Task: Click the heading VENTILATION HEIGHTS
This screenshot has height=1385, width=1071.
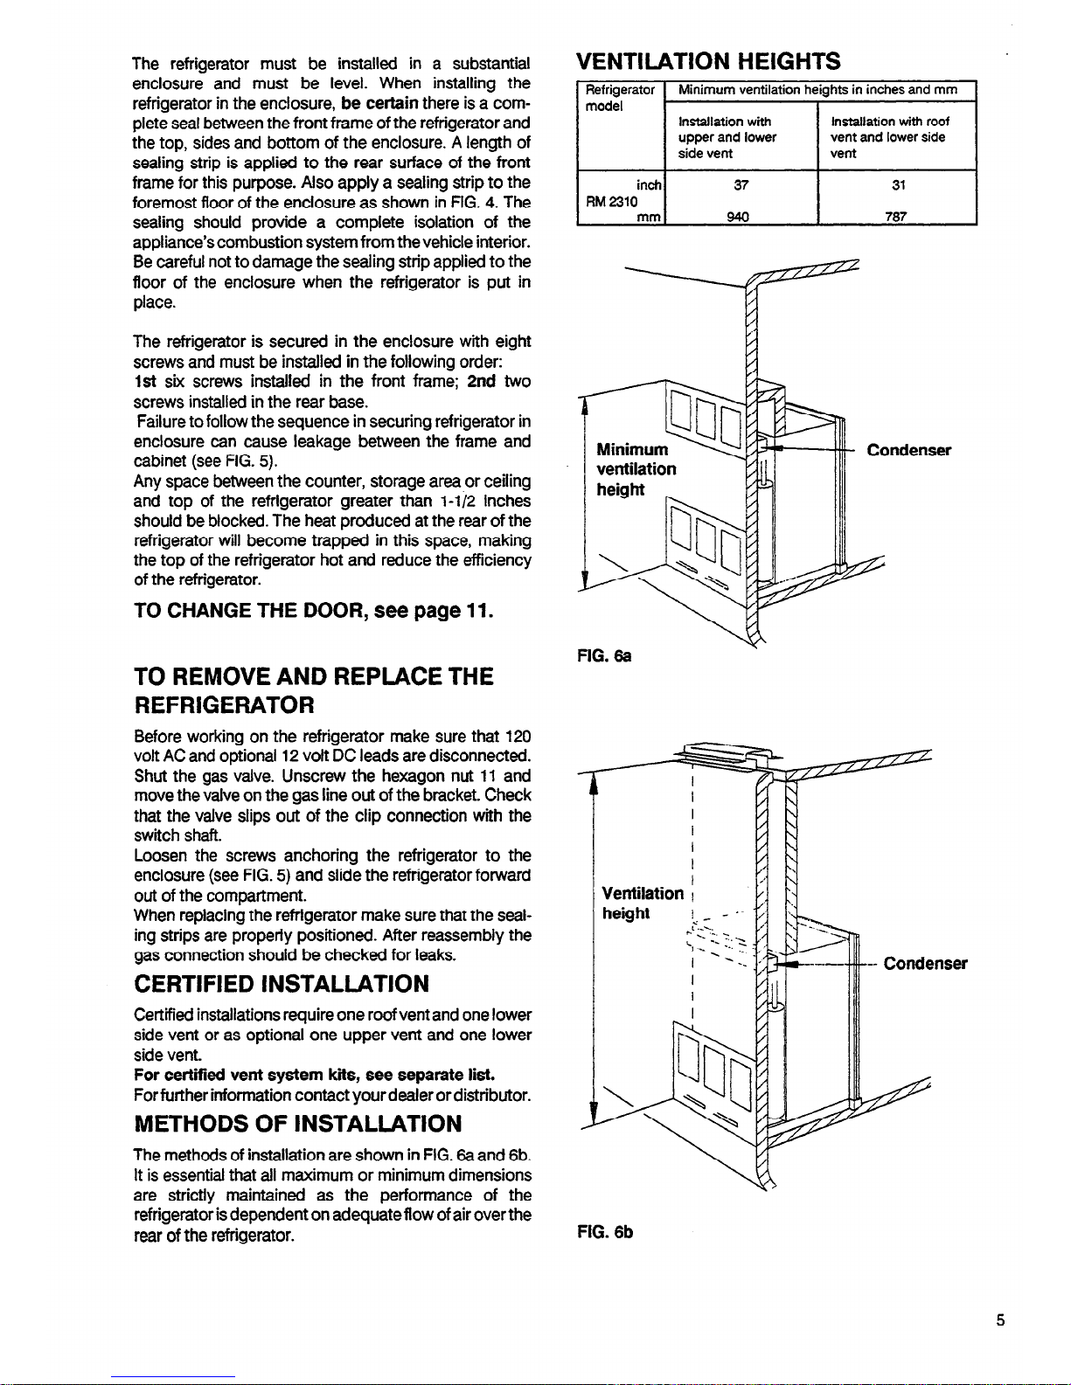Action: coord(708,60)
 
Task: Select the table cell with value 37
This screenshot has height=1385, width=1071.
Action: coord(741,185)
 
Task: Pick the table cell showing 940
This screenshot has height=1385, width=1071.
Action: coord(741,217)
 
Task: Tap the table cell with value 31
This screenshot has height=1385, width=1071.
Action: coord(896,185)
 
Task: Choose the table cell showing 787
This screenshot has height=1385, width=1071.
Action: coord(896,217)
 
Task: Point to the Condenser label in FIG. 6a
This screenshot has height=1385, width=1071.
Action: coord(908,450)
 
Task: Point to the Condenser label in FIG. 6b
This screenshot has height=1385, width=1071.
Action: coord(925,964)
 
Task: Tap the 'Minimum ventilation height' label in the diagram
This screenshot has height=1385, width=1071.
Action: coord(636,469)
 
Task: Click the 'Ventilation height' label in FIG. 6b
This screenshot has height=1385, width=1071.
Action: coord(643,903)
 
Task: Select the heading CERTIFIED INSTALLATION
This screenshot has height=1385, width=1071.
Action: coord(282,984)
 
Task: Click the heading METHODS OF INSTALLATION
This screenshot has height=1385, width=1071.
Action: coord(297,1122)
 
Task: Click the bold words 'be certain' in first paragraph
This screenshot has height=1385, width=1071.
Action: coord(379,103)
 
